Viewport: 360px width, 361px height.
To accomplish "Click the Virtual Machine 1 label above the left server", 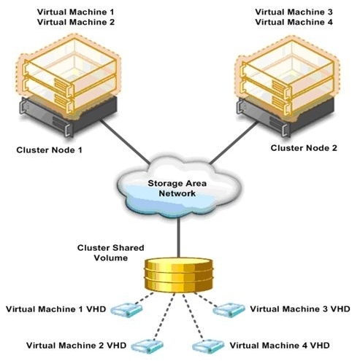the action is (75, 12).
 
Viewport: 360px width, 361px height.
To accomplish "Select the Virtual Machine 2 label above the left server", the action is (76, 22).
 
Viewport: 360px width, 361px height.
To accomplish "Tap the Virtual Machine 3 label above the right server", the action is (294, 12).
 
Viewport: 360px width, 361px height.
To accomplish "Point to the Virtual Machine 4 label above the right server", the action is (294, 22).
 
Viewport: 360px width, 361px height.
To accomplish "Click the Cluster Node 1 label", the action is (49, 150).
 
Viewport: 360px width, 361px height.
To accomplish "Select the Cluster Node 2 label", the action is (304, 148).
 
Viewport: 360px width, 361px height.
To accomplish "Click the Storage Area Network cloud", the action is (179, 187).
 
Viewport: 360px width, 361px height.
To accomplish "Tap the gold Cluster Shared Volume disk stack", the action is (179, 276).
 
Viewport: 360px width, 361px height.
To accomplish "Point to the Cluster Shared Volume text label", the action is (111, 253).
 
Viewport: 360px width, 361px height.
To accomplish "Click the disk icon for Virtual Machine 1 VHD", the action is (126, 310).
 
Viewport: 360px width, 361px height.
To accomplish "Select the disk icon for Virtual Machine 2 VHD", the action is (148, 346).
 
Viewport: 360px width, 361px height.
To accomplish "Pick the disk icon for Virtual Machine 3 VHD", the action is (229, 310).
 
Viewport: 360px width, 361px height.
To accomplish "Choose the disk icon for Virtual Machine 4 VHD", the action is (208, 346).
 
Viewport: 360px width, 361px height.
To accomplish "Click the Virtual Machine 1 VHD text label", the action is (56, 309).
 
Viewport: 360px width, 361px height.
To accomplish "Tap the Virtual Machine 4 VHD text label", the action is (280, 345).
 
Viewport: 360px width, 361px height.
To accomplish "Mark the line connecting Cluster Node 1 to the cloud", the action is (125, 141).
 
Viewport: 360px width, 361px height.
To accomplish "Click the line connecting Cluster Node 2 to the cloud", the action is (234, 142).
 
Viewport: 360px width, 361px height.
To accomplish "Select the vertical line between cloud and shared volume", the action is (179, 238).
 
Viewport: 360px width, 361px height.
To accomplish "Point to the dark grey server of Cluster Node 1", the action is (68, 117).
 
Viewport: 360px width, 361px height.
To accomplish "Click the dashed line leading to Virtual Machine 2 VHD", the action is (164, 317).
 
